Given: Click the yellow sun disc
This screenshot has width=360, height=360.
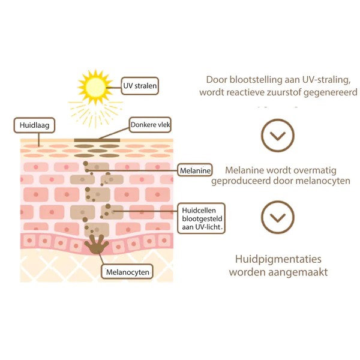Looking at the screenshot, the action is click(x=95, y=87).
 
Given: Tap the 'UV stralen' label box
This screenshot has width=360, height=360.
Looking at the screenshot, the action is click(x=140, y=86).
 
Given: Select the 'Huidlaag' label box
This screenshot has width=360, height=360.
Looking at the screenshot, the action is click(x=34, y=125).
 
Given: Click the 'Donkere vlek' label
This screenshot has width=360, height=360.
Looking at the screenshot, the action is click(x=150, y=125).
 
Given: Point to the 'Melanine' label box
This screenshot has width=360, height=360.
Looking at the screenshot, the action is click(x=195, y=170).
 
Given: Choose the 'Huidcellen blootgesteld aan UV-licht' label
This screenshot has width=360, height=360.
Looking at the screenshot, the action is click(x=202, y=218).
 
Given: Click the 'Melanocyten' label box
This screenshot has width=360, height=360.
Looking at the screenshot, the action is click(x=127, y=272).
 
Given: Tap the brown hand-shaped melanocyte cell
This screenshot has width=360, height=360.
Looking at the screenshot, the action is click(x=97, y=244).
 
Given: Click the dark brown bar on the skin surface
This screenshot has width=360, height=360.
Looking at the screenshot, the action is click(x=97, y=140).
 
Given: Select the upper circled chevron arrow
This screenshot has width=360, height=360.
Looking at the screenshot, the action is click(x=278, y=136).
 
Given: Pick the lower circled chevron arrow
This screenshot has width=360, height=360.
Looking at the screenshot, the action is click(x=278, y=217).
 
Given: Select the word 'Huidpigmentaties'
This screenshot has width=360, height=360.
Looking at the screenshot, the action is click(x=278, y=259).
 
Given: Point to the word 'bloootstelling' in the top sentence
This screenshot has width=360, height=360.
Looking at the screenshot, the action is click(x=256, y=80).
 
